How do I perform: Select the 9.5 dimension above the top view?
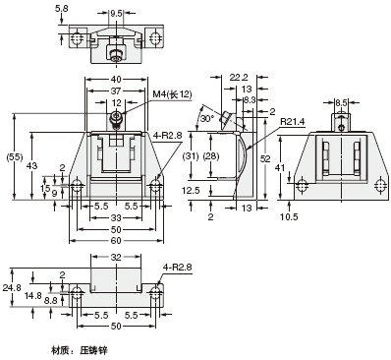coord(118,15)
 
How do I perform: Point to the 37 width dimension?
coord(118,92)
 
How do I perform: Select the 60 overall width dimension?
coord(118,240)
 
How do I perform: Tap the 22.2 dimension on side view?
coord(237,76)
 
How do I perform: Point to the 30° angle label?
coord(206,118)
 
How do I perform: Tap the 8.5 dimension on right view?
coord(341,100)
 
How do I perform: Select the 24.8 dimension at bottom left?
coord(10,288)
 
